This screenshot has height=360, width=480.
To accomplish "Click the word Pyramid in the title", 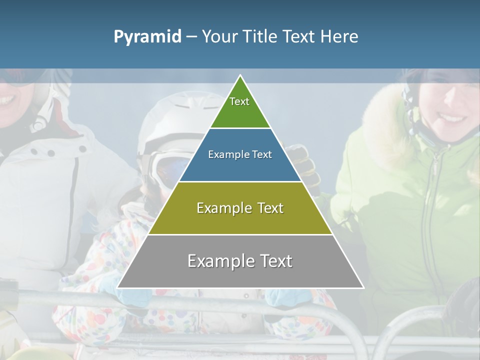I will (147, 37).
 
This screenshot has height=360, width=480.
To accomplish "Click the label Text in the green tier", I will (239, 101).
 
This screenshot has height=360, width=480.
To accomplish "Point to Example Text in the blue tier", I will (240, 154).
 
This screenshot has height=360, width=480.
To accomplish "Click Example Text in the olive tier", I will (240, 208).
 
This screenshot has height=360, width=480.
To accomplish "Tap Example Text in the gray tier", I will (240, 261).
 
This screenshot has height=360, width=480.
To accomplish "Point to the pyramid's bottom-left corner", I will (118, 287).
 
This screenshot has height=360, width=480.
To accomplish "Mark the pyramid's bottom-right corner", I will (363, 287).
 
